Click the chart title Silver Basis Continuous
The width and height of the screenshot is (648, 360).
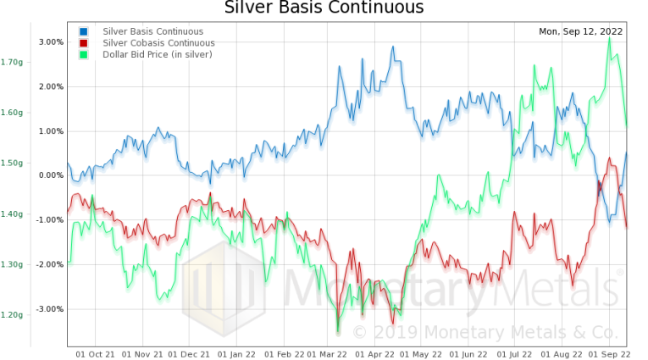pyautogui.click(x=324, y=8)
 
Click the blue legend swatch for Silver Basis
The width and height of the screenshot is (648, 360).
pyautogui.click(x=84, y=31)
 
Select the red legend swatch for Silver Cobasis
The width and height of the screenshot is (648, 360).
pyautogui.click(x=84, y=42)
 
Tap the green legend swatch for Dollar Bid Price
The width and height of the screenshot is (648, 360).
pyautogui.click(x=84, y=54)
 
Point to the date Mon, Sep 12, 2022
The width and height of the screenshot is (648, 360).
pyautogui.click(x=580, y=31)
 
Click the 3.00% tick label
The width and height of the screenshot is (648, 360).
pyautogui.click(x=51, y=42)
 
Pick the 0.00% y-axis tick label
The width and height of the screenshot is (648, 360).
pyautogui.click(x=51, y=175)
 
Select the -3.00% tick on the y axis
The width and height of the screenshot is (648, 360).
pyautogui.click(x=49, y=308)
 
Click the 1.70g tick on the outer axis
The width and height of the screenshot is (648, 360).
pyautogui.click(x=12, y=62)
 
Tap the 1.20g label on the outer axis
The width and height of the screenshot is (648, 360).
pyautogui.click(x=12, y=315)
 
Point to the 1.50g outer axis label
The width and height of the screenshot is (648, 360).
pyautogui.click(x=12, y=163)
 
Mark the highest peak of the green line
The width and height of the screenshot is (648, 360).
pyautogui.click(x=609, y=38)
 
